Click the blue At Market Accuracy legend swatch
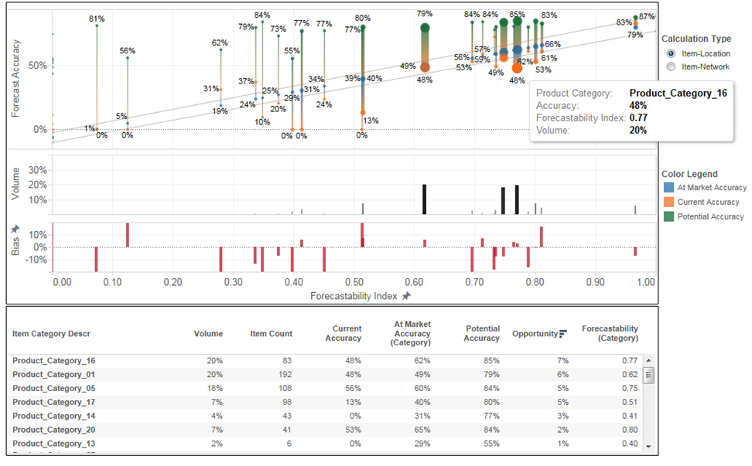[668, 187]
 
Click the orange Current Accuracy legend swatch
[668, 202]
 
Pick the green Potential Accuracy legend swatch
[668, 216]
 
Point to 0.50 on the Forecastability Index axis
[353, 283]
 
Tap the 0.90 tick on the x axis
[594, 283]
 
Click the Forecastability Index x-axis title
[354, 296]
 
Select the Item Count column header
[271, 334]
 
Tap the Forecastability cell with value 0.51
[628, 402]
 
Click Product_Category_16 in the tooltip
[678, 93]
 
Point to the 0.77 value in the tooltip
[637, 117]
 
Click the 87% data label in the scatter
[647, 16]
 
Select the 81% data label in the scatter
[97, 18]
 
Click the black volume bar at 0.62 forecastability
[425, 199]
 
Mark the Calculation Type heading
[696, 39]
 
